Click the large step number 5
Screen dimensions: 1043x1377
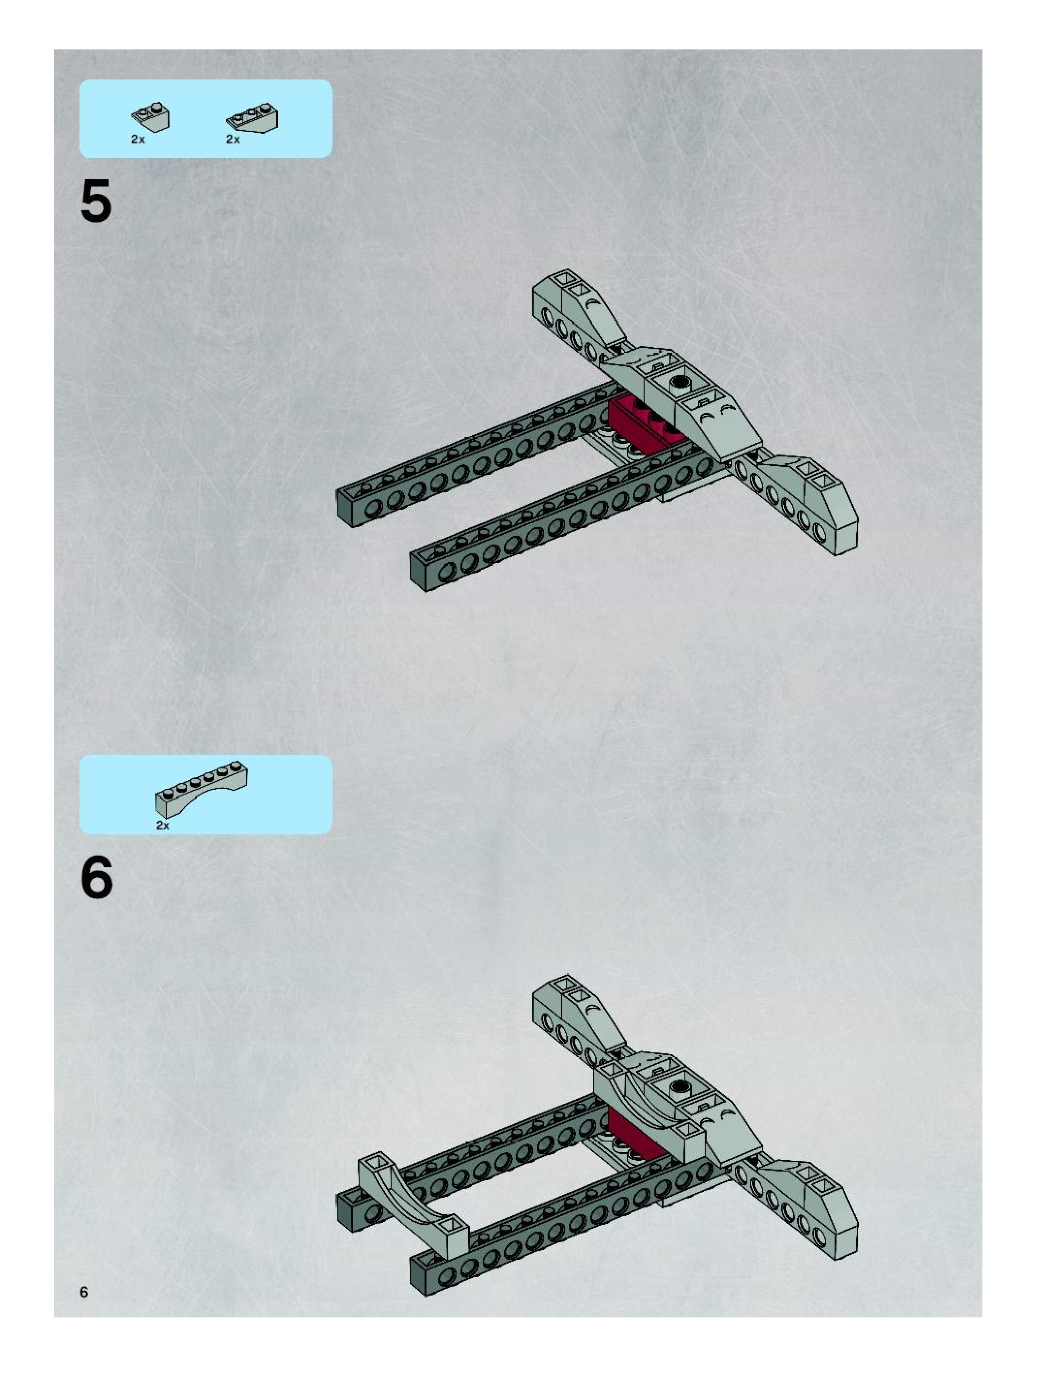pos(96,201)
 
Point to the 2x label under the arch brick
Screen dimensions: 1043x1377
pos(162,826)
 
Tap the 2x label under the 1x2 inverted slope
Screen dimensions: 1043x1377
pos(138,140)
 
